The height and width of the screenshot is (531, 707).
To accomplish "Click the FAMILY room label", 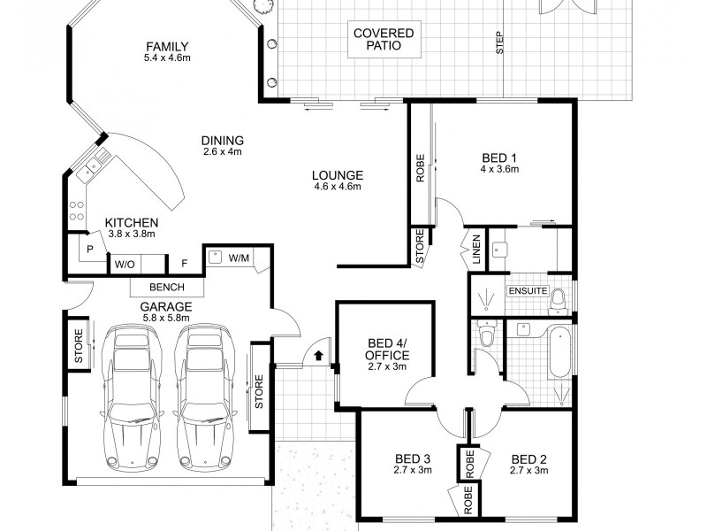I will [x=168, y=48].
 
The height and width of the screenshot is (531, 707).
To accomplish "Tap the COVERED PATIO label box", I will [x=384, y=39].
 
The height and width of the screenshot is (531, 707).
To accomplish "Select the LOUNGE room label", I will [x=338, y=174].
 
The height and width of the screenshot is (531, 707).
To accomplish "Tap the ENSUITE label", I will [x=527, y=290].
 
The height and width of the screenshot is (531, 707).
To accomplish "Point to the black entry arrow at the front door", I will [x=319, y=355].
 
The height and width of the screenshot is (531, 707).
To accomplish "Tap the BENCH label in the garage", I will [x=167, y=287].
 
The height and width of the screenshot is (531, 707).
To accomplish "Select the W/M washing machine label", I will [x=239, y=258].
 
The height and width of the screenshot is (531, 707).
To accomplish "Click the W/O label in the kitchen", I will [x=123, y=263].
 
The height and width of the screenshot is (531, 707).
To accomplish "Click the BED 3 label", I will [x=413, y=458].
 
